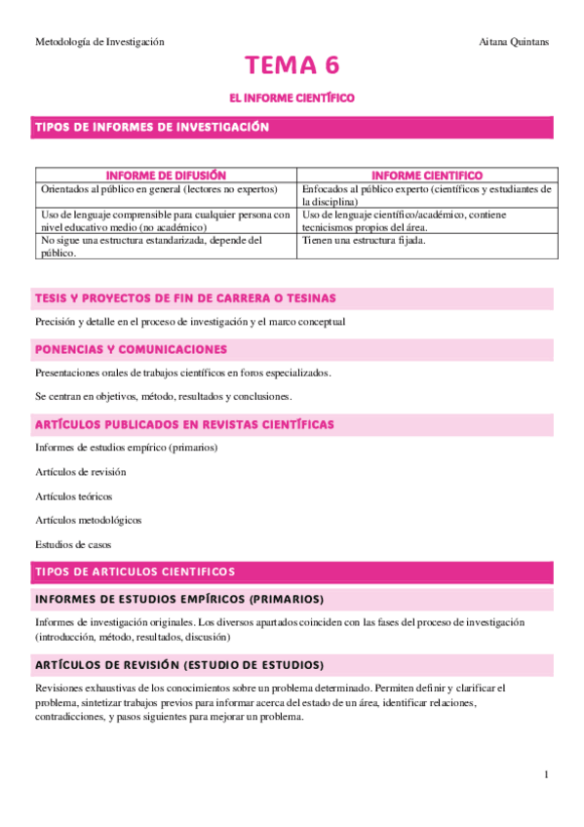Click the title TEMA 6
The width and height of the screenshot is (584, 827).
click(292, 66)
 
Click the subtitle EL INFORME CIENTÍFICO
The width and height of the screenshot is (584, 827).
click(291, 98)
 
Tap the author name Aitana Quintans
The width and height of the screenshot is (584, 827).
click(514, 42)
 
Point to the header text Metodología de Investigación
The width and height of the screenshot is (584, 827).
click(99, 42)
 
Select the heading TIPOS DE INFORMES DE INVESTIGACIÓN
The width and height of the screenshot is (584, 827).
click(152, 128)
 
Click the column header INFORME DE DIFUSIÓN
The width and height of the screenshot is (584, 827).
click(165, 175)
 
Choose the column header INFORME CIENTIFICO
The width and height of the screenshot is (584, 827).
click(427, 175)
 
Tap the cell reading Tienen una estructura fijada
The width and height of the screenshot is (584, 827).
click(364, 240)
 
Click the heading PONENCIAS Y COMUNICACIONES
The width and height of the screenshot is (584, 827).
click(131, 349)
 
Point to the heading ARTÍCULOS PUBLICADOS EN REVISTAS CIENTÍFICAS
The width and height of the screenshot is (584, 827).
click(184, 424)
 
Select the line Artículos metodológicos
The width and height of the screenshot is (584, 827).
click(89, 521)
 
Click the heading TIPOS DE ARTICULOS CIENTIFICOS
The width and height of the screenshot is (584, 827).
click(135, 571)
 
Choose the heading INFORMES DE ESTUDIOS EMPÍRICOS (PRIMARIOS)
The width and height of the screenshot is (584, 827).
click(179, 599)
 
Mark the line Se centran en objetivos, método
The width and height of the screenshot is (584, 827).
click(163, 396)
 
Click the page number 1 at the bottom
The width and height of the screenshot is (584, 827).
click(547, 774)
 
